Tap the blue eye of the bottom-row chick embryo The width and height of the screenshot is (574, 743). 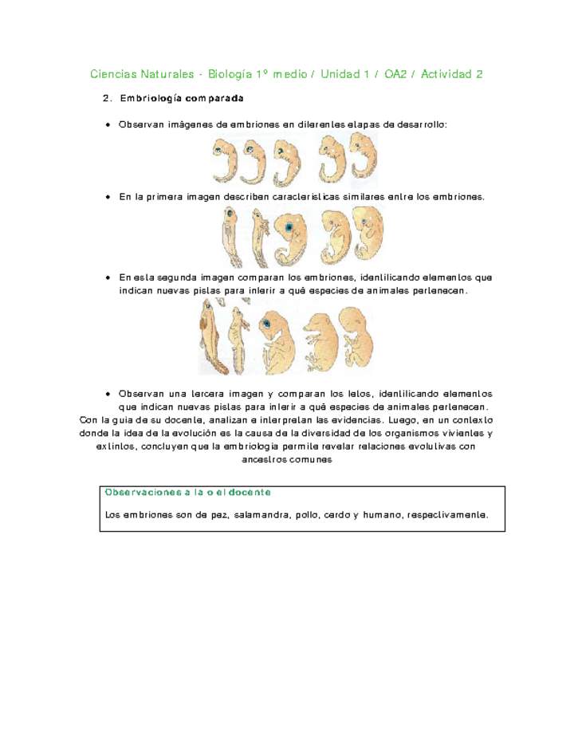tap(264, 324)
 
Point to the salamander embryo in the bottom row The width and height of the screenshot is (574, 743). tap(237, 340)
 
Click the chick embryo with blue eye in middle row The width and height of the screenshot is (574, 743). tap(290, 238)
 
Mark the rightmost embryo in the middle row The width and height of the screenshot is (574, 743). tap(368, 234)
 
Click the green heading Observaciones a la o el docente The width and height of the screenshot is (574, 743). tap(187, 493)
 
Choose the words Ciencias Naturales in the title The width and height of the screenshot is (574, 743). tap(142, 75)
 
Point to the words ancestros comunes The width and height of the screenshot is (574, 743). tap(286, 460)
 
